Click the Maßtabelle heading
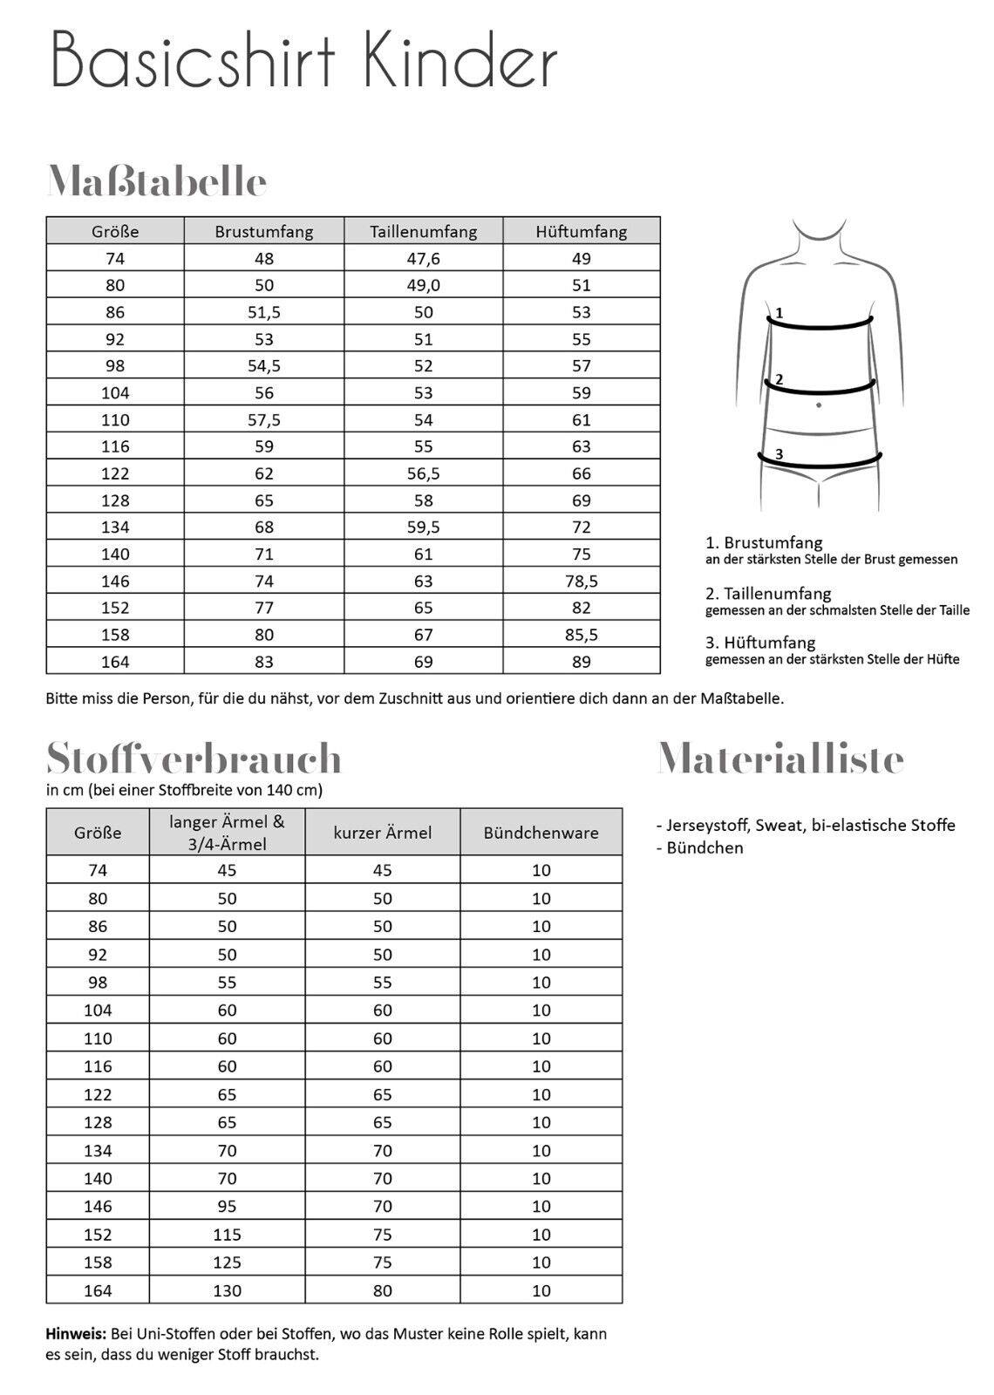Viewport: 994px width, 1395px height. (157, 181)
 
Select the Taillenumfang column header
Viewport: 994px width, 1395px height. (424, 231)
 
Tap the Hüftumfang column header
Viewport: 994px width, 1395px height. (582, 231)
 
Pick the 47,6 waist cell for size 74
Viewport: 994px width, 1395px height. (424, 258)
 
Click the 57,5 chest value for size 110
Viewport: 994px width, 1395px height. (264, 419)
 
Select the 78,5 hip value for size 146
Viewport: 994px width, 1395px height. (582, 581)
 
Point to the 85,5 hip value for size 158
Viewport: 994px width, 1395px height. (582, 635)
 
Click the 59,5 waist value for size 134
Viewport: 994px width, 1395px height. (424, 527)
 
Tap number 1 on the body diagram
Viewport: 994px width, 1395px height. (779, 312)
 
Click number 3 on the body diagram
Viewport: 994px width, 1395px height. (779, 453)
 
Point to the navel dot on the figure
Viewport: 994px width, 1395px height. (818, 405)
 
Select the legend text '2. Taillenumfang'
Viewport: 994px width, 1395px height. (768, 594)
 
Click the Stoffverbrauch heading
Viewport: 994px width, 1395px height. (194, 759)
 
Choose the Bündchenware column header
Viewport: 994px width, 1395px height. (541, 833)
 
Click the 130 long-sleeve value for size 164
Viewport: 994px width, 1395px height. (227, 1290)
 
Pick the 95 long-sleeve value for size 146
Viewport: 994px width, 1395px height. (227, 1206)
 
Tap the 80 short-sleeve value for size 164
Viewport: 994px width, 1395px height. (383, 1290)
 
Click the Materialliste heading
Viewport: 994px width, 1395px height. (780, 759)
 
